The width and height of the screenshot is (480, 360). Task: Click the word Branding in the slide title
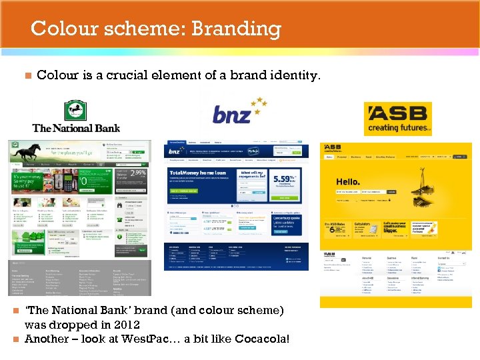point(237,29)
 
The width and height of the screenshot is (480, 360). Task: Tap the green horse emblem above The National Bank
point(75,111)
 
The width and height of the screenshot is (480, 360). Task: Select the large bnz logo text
point(232,115)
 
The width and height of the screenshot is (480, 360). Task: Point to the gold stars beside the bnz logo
point(258,103)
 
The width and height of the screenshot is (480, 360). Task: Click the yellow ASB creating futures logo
point(398,118)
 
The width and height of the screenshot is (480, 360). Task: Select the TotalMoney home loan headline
point(197,172)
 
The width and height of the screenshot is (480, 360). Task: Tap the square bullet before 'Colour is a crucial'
point(27,76)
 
